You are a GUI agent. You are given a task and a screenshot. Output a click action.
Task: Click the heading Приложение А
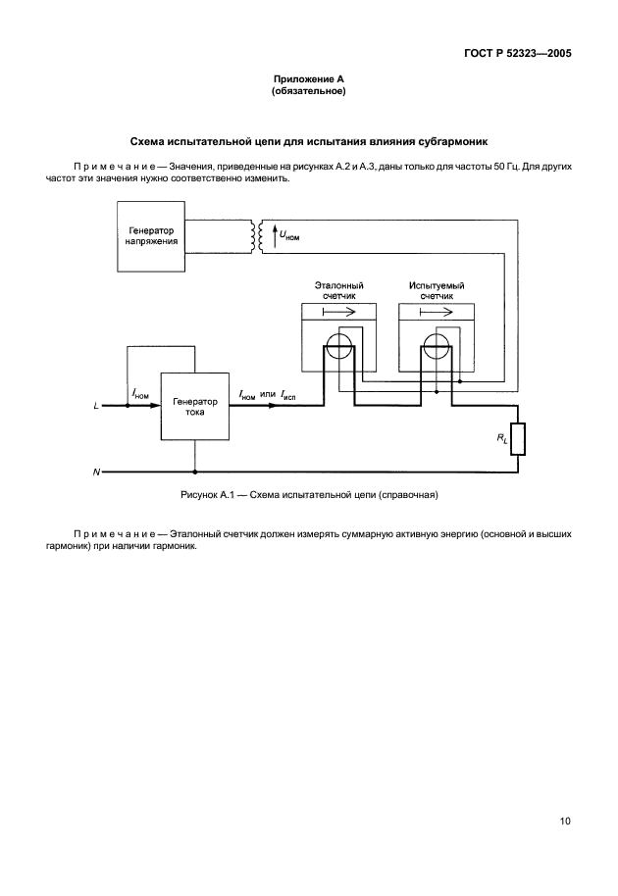coord(309,78)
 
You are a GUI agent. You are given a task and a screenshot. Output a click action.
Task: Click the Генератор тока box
coord(196,407)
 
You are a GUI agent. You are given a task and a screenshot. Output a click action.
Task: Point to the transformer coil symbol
coord(258,235)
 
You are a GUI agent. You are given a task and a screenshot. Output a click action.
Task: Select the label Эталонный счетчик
coord(339,290)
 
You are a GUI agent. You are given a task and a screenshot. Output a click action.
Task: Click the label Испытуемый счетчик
coord(437,290)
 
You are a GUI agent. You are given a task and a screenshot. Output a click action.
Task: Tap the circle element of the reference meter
coord(339,347)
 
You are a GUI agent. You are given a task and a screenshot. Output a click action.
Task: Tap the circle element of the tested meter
coord(436,347)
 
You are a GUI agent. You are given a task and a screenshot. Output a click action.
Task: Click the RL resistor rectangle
coord(519,439)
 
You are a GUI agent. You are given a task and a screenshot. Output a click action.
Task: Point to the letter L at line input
coord(96,405)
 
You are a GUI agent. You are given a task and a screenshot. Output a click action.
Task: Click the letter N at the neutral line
coord(96,473)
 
